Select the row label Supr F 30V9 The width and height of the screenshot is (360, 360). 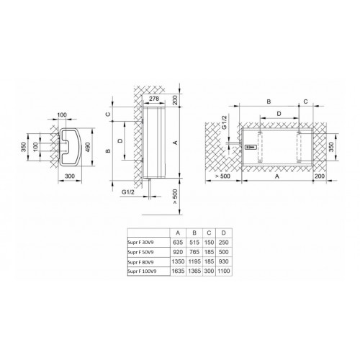coord(142,243)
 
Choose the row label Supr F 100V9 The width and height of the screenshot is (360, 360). coord(143,272)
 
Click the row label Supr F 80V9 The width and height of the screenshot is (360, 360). coord(142,263)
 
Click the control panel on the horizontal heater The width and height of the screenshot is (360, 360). coord(251,147)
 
